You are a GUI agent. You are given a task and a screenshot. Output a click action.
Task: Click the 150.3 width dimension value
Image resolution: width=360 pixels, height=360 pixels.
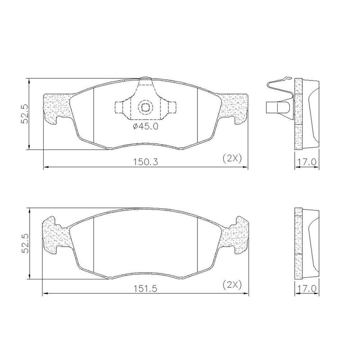click(x=145, y=162)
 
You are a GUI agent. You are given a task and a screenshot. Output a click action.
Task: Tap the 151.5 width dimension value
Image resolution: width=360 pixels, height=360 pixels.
click(x=145, y=288)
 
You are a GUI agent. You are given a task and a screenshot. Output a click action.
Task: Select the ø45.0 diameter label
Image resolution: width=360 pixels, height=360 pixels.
click(x=145, y=126)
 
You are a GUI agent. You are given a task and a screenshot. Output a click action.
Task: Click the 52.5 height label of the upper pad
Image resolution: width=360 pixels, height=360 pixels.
click(x=24, y=114)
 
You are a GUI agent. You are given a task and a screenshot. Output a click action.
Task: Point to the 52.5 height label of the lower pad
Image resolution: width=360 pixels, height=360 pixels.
click(x=24, y=243)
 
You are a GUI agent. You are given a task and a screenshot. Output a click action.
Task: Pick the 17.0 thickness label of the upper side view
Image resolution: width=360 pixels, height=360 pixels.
click(x=307, y=162)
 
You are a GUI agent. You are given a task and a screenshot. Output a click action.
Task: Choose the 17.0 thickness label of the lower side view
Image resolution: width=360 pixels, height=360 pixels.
click(x=307, y=288)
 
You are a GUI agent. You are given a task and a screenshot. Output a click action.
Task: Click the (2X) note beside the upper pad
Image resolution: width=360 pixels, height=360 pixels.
click(x=232, y=159)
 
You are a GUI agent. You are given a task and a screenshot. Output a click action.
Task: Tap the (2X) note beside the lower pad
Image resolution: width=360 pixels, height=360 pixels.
click(x=232, y=285)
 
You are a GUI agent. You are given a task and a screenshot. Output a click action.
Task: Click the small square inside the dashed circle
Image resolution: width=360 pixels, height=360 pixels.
click(x=145, y=107)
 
